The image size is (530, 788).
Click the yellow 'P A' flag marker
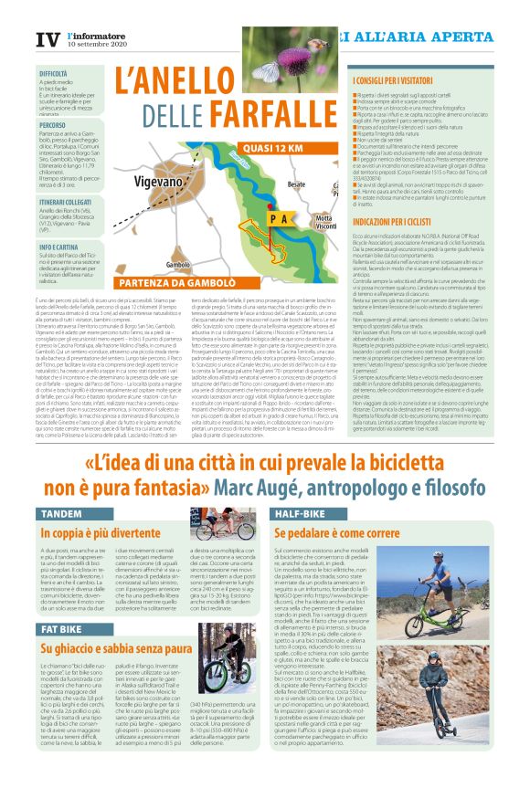pos(279,220)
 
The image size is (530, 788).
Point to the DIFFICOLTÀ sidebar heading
pos(53,73)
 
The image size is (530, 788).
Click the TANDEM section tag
pos(61,515)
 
